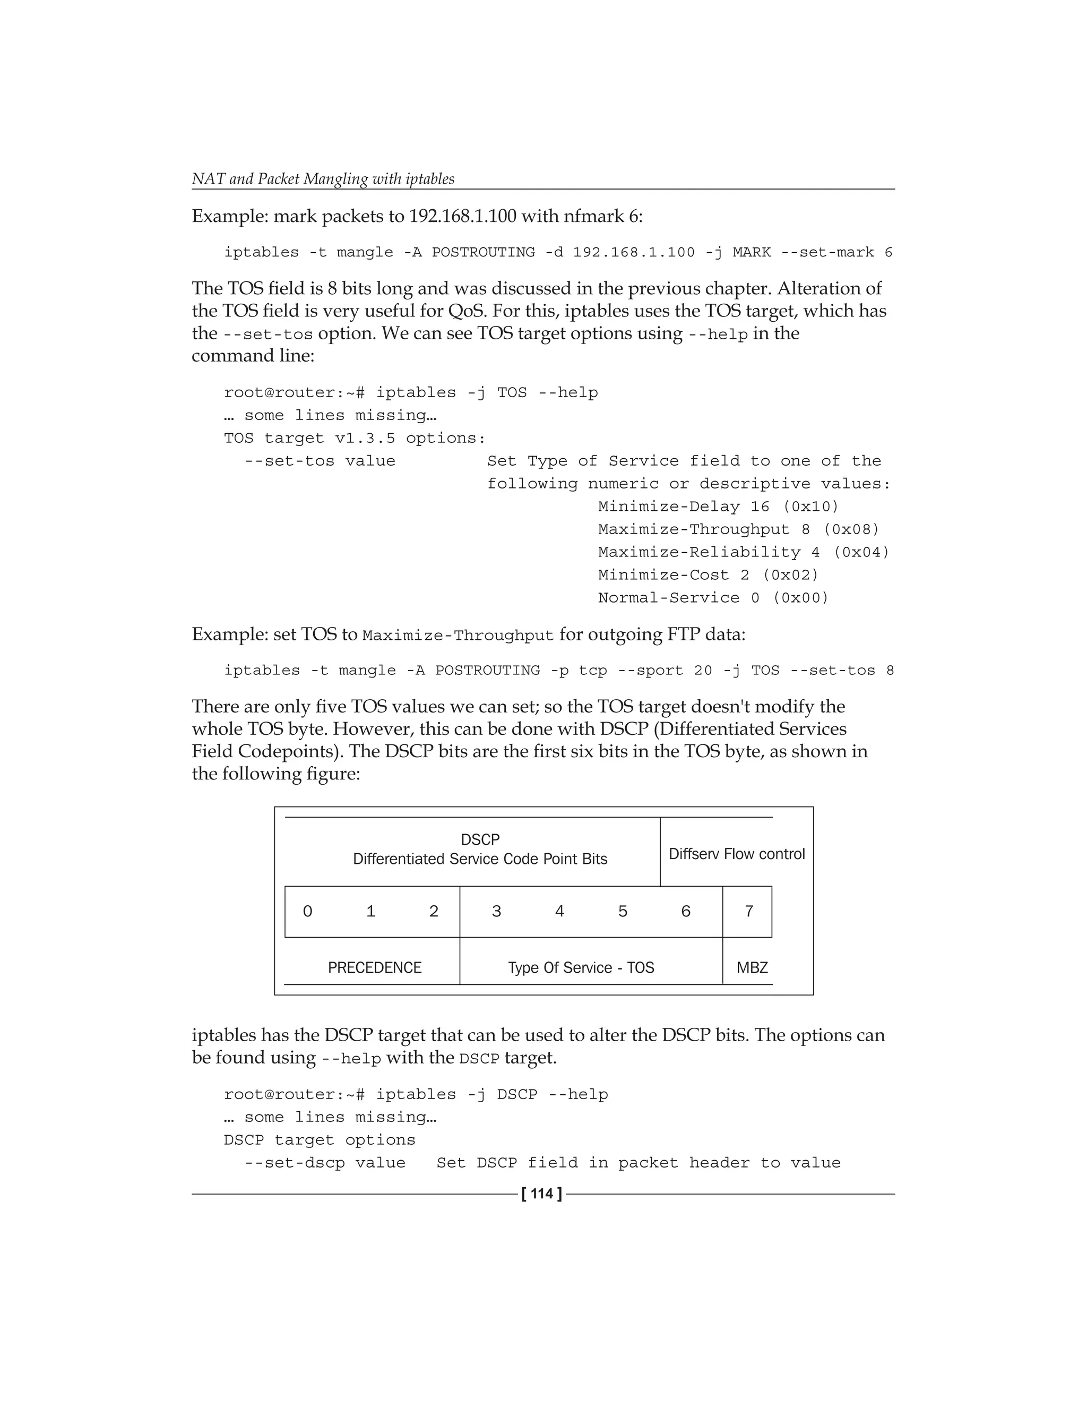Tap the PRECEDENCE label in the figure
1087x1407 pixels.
pos(374,967)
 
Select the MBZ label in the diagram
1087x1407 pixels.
pos(752,967)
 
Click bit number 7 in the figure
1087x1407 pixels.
pos(749,911)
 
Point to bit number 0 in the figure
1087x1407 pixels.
pos(308,911)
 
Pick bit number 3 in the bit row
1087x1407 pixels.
pos(496,911)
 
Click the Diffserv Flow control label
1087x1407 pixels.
pos(737,854)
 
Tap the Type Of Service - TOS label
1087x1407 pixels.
pos(581,967)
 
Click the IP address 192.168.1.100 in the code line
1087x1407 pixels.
pos(634,253)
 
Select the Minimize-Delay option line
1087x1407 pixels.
pos(718,507)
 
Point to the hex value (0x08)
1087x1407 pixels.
pos(851,529)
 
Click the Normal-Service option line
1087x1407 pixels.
pos(713,598)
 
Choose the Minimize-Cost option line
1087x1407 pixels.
pos(708,576)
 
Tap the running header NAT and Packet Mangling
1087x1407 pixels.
pos(323,179)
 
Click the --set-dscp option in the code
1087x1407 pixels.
pos(294,1163)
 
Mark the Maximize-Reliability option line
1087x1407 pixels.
pos(743,552)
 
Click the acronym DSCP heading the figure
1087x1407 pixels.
pos(480,839)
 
